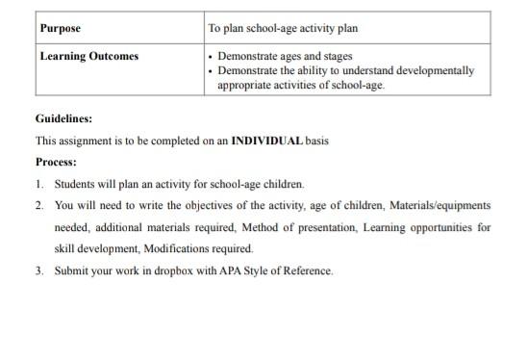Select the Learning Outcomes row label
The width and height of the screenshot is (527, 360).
[89, 56]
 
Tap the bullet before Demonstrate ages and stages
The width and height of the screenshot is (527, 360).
[212, 57]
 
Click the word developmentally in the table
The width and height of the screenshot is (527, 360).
[433, 70]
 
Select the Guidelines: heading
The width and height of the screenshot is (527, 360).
[64, 119]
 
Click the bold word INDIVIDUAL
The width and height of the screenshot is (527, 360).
[267, 141]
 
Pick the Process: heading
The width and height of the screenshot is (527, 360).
[56, 162]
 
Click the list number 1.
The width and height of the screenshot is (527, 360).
[39, 183]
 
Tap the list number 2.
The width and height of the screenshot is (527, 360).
[39, 205]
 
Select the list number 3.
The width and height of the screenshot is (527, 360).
[39, 270]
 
